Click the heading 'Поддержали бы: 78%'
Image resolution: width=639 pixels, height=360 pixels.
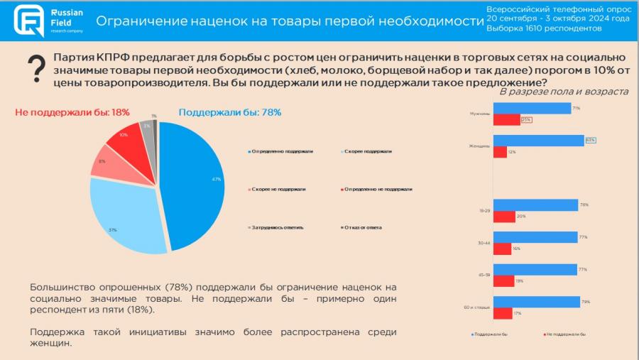230,112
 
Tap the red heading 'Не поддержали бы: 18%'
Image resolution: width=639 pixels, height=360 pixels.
72,112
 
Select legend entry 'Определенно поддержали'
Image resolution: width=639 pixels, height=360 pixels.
281,151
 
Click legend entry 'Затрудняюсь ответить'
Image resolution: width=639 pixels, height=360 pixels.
278,227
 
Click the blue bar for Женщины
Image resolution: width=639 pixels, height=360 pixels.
538,141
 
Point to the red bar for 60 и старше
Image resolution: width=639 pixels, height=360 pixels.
503,313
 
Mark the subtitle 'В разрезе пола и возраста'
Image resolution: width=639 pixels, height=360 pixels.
564,92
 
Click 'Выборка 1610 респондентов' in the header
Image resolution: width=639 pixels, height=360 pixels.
544,28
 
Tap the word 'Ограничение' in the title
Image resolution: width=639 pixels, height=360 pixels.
136,21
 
